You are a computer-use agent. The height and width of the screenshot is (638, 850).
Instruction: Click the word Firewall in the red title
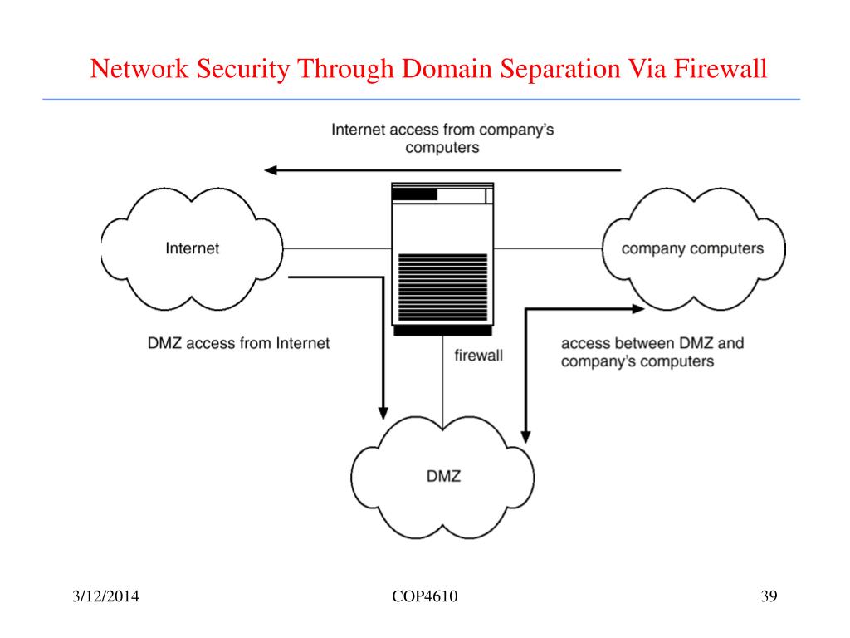pos(721,69)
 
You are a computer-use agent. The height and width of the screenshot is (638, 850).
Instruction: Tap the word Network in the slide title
pos(139,69)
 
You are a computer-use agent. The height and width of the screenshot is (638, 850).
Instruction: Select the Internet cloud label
pos(193,248)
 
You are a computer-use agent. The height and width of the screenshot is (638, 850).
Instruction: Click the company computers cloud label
pos(692,248)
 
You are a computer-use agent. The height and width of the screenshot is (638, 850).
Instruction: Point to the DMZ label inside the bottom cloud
pos(443,476)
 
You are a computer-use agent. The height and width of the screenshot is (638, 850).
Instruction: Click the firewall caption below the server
pos(479,356)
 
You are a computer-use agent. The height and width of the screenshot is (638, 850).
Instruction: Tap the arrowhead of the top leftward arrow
pos(271,170)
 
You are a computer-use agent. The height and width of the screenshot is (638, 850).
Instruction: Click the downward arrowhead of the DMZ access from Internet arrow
pos(383,413)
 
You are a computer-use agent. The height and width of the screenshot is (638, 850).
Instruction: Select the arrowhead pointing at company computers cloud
pos(638,309)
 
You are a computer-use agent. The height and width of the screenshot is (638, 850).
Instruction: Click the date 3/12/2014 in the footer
pos(105,596)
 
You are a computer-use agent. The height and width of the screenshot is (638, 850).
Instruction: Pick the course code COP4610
pos(424,596)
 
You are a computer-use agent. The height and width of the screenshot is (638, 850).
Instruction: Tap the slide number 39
pos(769,596)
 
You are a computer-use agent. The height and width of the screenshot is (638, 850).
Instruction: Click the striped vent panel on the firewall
pos(443,287)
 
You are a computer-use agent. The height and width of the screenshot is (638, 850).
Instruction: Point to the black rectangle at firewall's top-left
pos(415,194)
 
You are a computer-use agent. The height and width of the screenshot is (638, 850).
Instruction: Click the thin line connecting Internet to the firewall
pos(337,248)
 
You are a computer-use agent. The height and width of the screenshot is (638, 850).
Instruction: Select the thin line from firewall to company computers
pos(548,248)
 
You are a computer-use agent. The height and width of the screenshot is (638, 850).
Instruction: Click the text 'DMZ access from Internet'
pos(238,343)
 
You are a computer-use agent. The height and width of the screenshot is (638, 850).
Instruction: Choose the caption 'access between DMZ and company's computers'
pos(652,352)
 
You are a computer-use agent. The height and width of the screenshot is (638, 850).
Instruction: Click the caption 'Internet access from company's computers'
pos(442,139)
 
